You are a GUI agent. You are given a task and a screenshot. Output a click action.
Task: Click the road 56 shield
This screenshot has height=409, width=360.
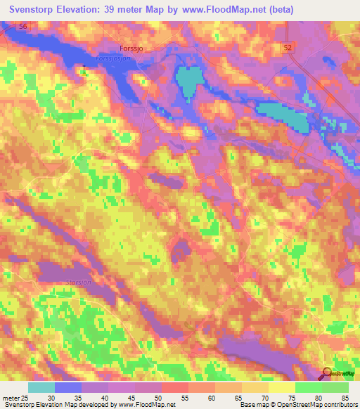click(x=25, y=26)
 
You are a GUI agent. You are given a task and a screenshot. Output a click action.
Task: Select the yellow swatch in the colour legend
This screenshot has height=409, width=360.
click(x=281, y=387)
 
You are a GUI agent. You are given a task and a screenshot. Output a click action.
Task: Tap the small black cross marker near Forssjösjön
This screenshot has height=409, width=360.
click(x=84, y=67)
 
